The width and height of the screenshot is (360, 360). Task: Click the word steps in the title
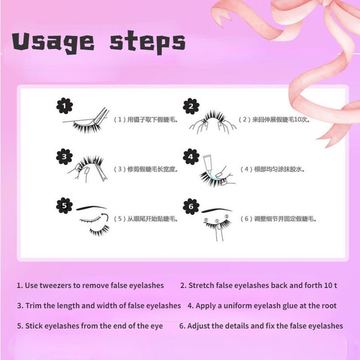click(x=148, y=43)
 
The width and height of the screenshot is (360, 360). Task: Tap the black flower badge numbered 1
click(x=64, y=106)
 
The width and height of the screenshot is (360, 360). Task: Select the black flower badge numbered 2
click(x=191, y=106)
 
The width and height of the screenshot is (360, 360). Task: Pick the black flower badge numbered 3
click(x=64, y=157)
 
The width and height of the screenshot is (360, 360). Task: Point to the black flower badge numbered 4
click(x=191, y=157)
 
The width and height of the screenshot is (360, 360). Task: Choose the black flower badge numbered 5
click(x=64, y=206)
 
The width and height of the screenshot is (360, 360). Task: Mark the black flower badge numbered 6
click(x=191, y=207)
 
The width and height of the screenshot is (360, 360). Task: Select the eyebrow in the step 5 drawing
click(x=91, y=208)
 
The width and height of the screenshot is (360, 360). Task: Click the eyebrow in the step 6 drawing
click(x=217, y=210)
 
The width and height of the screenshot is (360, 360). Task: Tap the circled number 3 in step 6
click(x=227, y=216)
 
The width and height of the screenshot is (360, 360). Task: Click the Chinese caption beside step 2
click(x=274, y=120)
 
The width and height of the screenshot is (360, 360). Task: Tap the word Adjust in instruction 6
click(x=198, y=326)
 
